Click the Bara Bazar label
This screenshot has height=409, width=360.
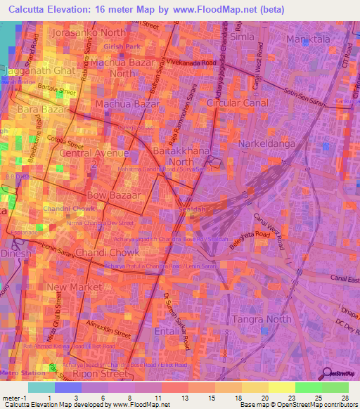[41, 111]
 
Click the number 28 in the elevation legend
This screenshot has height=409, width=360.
[344, 398]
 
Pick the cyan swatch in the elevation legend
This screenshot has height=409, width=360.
[41, 387]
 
